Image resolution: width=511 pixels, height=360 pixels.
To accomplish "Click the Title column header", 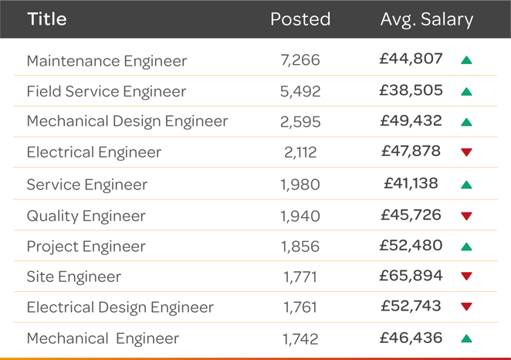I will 47,19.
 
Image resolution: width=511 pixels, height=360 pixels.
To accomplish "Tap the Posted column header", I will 300,19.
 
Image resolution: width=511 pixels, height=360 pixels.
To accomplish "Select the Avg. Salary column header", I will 426,19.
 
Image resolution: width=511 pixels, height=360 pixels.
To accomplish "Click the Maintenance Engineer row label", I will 107,61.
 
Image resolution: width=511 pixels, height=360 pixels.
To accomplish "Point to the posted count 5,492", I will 300,91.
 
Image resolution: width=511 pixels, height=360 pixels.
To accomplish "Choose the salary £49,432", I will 411,121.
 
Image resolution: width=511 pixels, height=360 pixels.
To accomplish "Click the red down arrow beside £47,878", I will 466,153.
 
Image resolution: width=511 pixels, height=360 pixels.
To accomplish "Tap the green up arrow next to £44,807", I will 466,60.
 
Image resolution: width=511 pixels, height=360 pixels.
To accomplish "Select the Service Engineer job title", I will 87,185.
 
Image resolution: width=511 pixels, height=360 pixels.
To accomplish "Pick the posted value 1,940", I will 300,216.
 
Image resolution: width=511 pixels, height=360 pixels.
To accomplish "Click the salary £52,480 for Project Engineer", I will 411,246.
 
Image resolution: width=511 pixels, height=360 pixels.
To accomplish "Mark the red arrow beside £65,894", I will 466,277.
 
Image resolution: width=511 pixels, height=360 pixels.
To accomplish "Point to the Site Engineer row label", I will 74,277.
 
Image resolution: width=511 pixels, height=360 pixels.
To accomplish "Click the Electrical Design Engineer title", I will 120,307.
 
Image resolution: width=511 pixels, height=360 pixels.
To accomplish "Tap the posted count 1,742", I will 300,339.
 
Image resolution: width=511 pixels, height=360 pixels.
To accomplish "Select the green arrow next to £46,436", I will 466,338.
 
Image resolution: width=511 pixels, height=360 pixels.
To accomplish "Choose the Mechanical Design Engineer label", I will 127,121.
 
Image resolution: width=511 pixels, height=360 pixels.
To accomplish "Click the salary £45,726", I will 411,215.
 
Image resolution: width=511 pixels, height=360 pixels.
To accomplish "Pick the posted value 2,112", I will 300,153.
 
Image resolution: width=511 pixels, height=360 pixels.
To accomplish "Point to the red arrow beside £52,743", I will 466,307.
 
